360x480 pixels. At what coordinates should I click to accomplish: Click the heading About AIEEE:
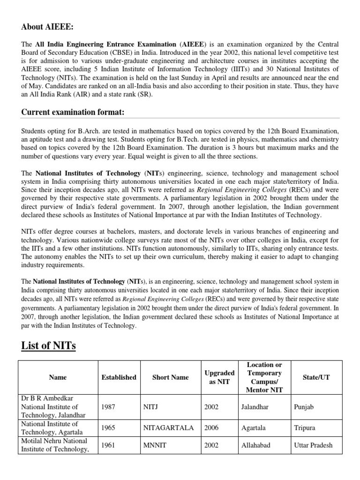tap(47, 27)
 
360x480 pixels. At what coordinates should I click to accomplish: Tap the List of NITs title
tap(49, 346)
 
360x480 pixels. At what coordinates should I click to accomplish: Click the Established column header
tap(119, 377)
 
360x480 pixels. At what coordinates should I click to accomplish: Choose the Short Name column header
tap(171, 377)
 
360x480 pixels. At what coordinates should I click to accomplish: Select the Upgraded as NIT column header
tap(220, 377)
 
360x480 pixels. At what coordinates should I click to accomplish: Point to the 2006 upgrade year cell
tap(211, 428)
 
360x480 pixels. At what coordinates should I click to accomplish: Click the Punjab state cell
tap(304, 407)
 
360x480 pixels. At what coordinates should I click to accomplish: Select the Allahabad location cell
tap(255, 445)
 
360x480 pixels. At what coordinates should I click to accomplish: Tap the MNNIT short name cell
tap(154, 445)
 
